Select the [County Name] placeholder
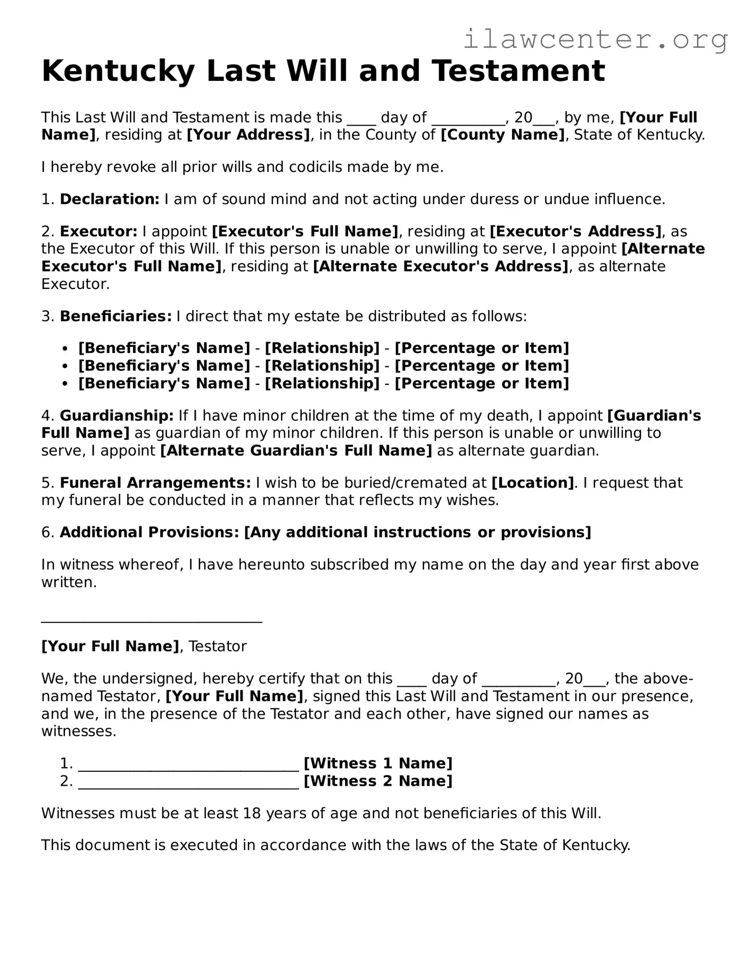pos(502,135)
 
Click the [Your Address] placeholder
pos(248,135)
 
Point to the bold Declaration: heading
pos(110,199)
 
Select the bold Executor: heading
pos(98,232)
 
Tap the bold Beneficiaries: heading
pos(116,316)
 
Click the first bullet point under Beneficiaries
pos(65,349)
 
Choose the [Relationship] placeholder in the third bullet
pos(322,383)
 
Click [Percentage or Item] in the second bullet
pos(482,366)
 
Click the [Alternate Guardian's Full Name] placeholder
pos(296,451)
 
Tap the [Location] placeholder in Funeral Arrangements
pos(533,483)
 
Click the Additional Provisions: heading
pos(150,532)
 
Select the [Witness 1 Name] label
pos(378,763)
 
